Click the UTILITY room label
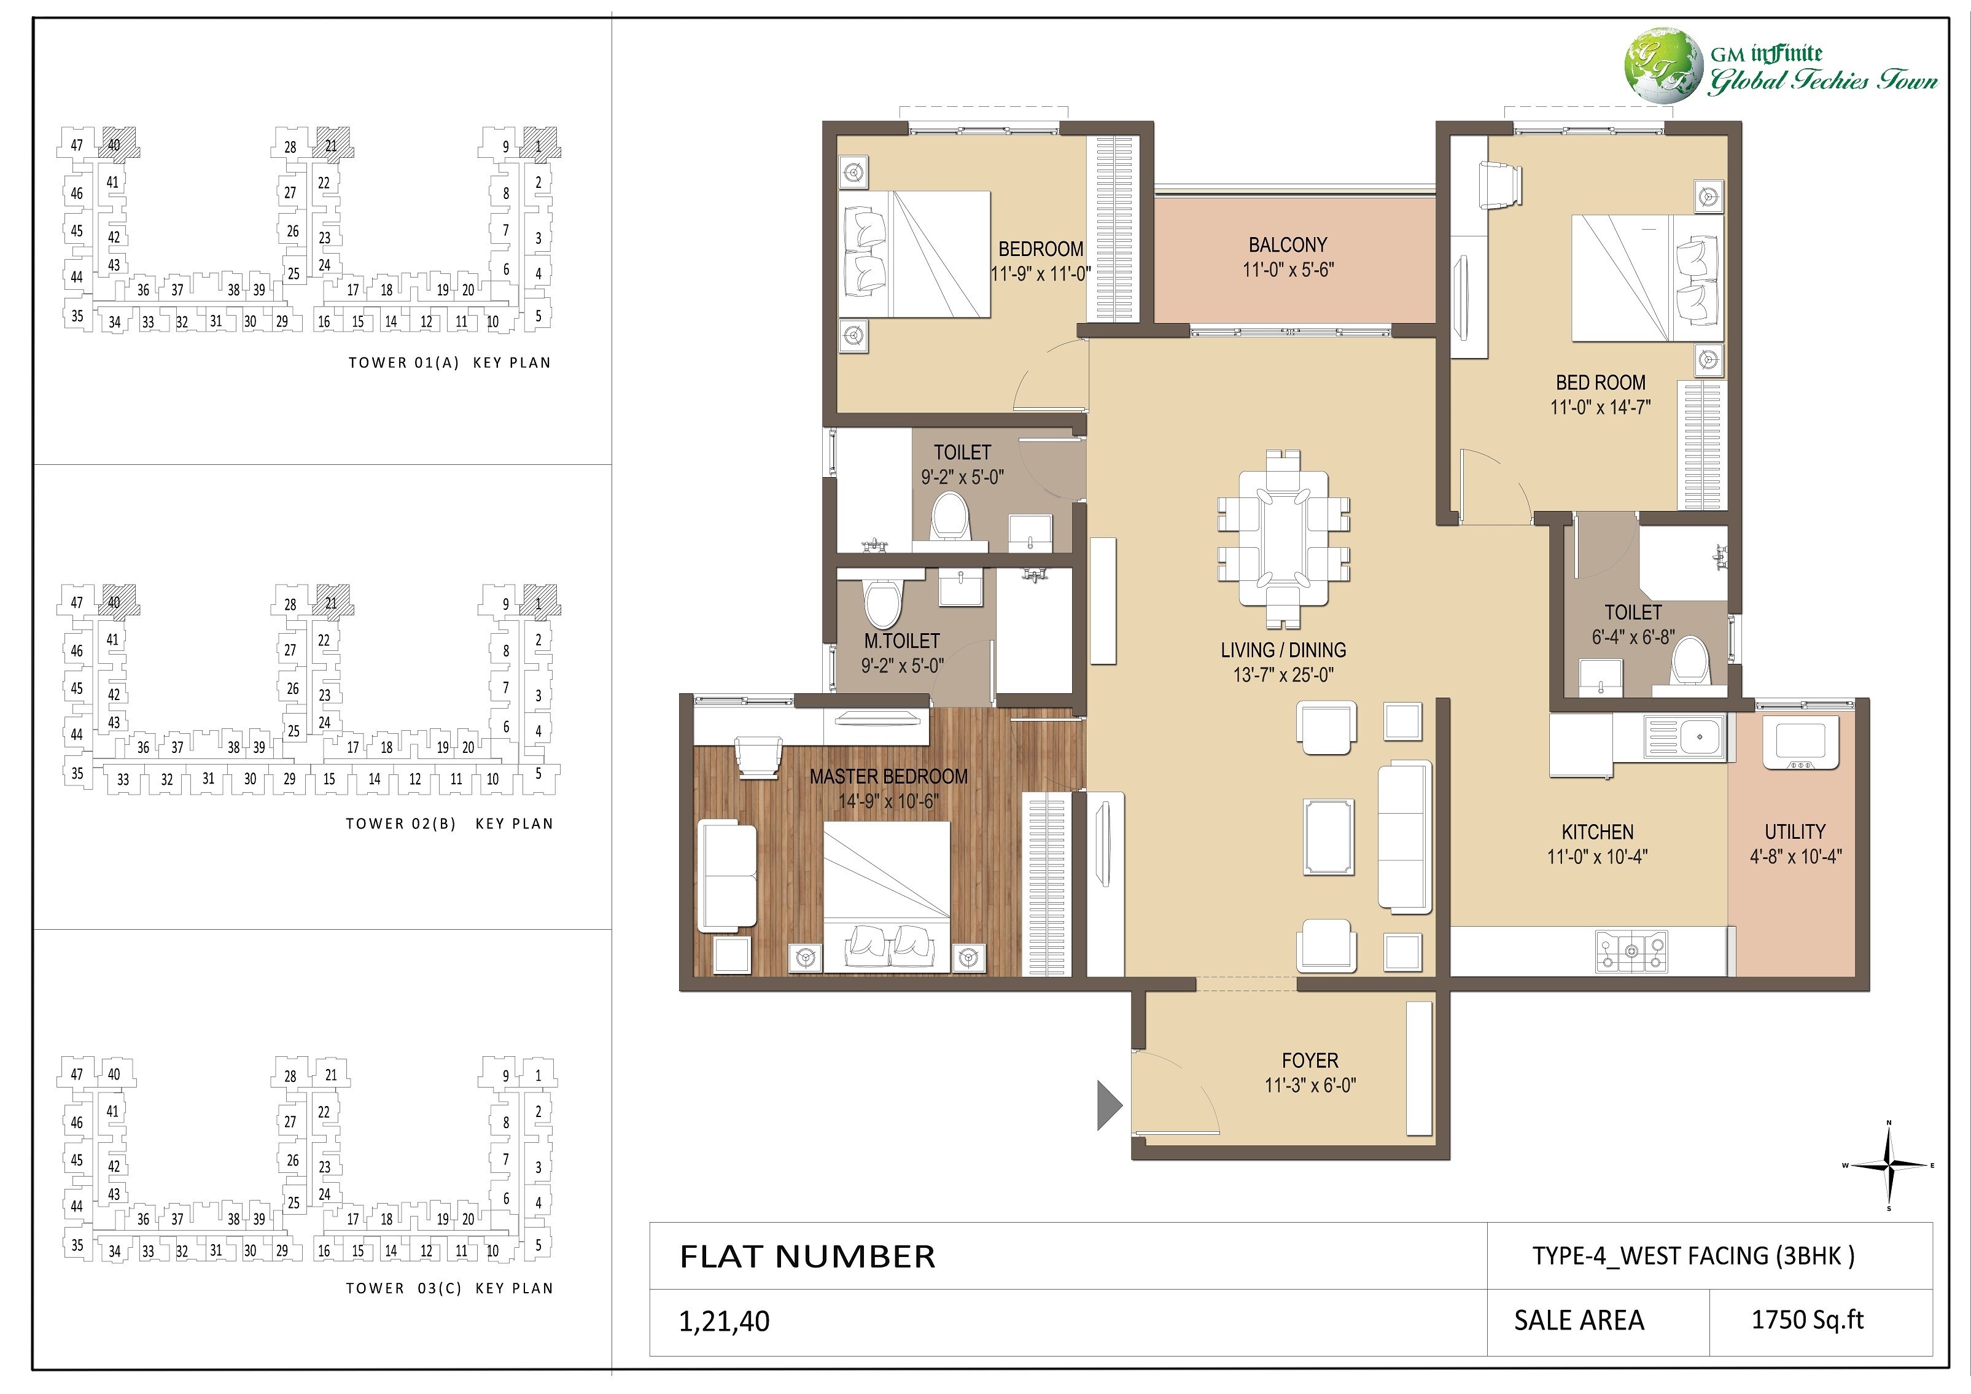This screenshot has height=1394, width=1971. click(x=1794, y=831)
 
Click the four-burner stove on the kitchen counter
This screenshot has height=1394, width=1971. click(x=1631, y=951)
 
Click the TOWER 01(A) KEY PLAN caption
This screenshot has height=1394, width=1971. click(x=449, y=362)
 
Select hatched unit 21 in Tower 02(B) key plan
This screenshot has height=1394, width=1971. click(x=332, y=602)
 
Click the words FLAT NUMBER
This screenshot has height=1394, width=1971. click(x=807, y=1256)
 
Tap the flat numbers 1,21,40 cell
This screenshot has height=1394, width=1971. click(x=724, y=1321)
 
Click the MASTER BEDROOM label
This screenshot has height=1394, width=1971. click(x=888, y=776)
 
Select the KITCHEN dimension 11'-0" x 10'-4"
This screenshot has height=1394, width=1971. click(x=1596, y=856)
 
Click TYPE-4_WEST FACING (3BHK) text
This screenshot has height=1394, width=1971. click(x=1693, y=1256)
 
